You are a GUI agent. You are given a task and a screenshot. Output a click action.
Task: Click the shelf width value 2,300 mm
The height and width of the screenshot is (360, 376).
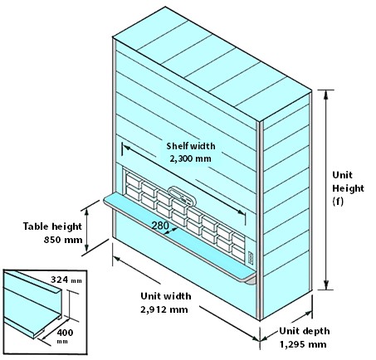190,158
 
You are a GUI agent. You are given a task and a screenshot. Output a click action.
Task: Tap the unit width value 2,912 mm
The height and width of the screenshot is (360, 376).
164,309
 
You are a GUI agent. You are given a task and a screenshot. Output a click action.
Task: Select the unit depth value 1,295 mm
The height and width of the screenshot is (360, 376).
303,344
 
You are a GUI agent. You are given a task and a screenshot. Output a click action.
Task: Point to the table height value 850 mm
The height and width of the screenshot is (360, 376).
63,239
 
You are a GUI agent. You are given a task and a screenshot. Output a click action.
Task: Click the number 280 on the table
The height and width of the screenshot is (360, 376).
160,226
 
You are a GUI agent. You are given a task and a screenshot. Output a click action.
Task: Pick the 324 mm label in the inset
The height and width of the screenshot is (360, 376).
66,280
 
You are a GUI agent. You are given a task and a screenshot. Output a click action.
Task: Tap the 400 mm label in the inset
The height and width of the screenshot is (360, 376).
65,335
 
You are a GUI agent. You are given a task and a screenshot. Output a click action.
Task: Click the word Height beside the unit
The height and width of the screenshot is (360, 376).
348,188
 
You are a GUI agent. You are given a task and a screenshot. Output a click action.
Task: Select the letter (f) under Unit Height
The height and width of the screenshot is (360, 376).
338,201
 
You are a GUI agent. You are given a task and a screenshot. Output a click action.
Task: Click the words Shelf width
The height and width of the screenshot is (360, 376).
191,146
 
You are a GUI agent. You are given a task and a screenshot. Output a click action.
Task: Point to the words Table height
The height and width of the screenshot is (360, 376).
52,226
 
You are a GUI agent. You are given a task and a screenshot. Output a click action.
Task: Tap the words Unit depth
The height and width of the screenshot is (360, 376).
305,331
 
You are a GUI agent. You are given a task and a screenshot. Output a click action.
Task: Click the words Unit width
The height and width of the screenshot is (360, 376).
166,296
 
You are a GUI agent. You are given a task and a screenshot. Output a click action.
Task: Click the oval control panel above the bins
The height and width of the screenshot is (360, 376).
182,196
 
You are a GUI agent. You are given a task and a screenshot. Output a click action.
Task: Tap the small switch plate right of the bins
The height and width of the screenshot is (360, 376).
251,257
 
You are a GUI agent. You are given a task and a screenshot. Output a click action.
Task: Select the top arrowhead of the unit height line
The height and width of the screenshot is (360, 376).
326,94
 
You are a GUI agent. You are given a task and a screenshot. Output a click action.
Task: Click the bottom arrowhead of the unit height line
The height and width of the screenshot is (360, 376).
326,285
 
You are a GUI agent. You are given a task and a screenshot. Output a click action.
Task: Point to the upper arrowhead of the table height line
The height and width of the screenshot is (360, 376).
86,212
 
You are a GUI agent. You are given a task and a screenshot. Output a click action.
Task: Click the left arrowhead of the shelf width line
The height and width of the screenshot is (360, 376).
126,148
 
